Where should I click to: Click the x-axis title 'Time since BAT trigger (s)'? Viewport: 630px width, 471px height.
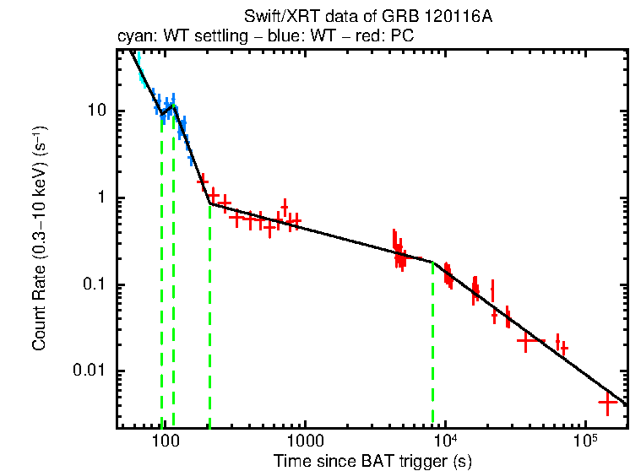(372, 461)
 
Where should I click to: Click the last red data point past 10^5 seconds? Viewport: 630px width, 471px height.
(607, 403)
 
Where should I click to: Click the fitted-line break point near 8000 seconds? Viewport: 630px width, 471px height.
(432, 262)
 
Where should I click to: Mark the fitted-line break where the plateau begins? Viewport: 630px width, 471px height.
(209, 203)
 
